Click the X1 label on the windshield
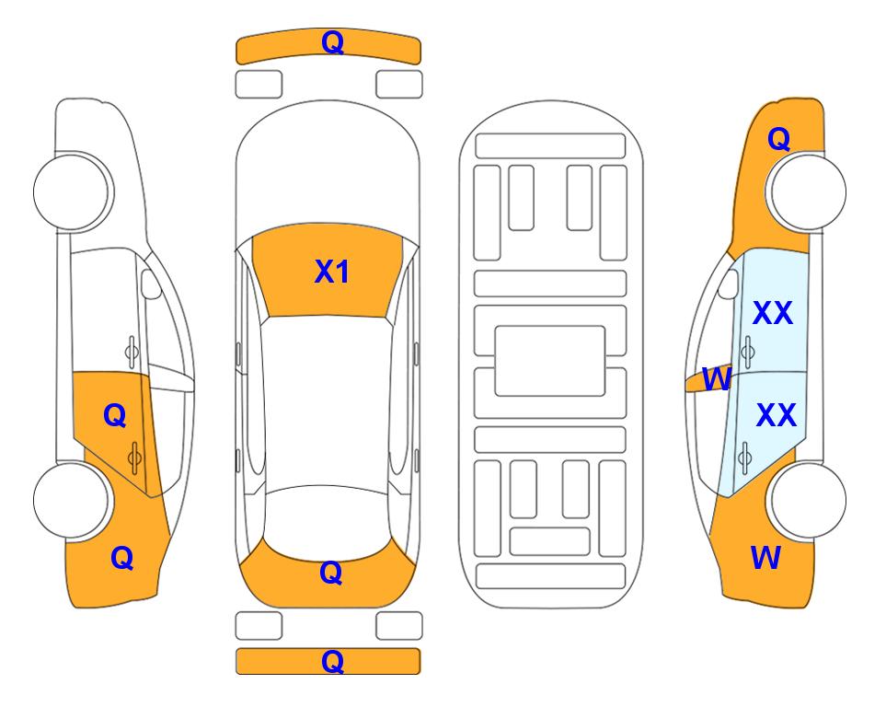(332, 272)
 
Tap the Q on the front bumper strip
(332, 42)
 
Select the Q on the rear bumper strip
(332, 661)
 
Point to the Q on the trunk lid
(331, 573)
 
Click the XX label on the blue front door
(773, 313)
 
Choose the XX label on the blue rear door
(776, 415)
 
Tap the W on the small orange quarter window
(717, 379)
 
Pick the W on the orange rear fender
(765, 558)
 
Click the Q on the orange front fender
(778, 139)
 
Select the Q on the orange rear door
(115, 416)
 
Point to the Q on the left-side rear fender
(122, 558)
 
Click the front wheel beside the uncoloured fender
(72, 191)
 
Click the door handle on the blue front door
(748, 352)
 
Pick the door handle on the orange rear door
(134, 457)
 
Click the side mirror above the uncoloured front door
(150, 284)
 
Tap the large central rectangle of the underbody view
(550, 361)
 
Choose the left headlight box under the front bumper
(259, 85)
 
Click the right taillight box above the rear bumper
(399, 626)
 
